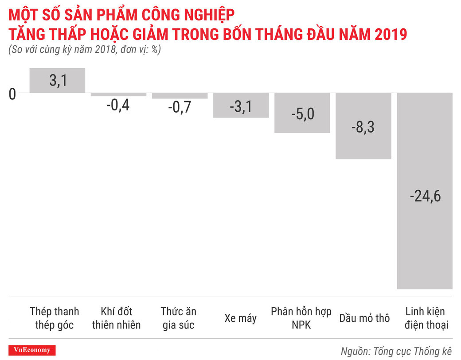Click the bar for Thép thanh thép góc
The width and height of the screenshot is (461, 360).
(57, 80)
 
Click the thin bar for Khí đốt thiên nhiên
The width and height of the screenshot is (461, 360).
(118, 94)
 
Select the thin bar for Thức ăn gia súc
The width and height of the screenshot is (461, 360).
(180, 96)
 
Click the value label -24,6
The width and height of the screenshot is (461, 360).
(425, 196)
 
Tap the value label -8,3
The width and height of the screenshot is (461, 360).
(363, 128)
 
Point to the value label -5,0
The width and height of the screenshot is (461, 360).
(302, 114)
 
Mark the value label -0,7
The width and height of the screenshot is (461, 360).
(179, 108)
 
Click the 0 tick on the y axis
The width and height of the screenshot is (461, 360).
(12, 94)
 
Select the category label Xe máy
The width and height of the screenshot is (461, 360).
(241, 318)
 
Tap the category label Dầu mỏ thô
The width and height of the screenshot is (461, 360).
(364, 318)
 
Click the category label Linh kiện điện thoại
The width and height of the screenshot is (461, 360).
(425, 318)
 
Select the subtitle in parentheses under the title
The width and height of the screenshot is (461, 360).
(84, 49)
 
